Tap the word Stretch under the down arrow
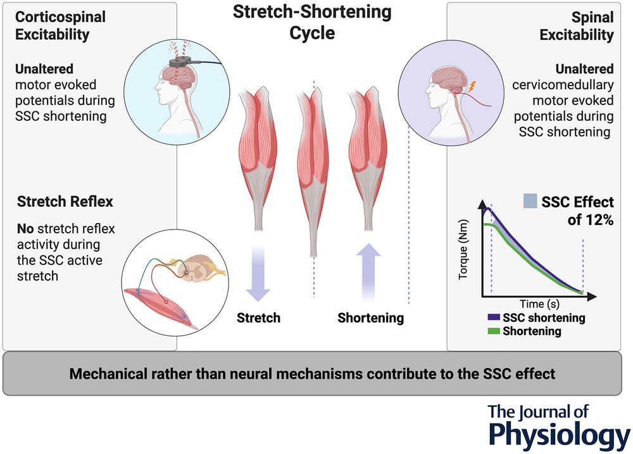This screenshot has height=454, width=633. pyautogui.click(x=258, y=317)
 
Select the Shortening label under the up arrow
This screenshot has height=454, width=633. pyautogui.click(x=370, y=317)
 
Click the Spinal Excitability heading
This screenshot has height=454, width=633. pyautogui.click(x=577, y=25)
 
